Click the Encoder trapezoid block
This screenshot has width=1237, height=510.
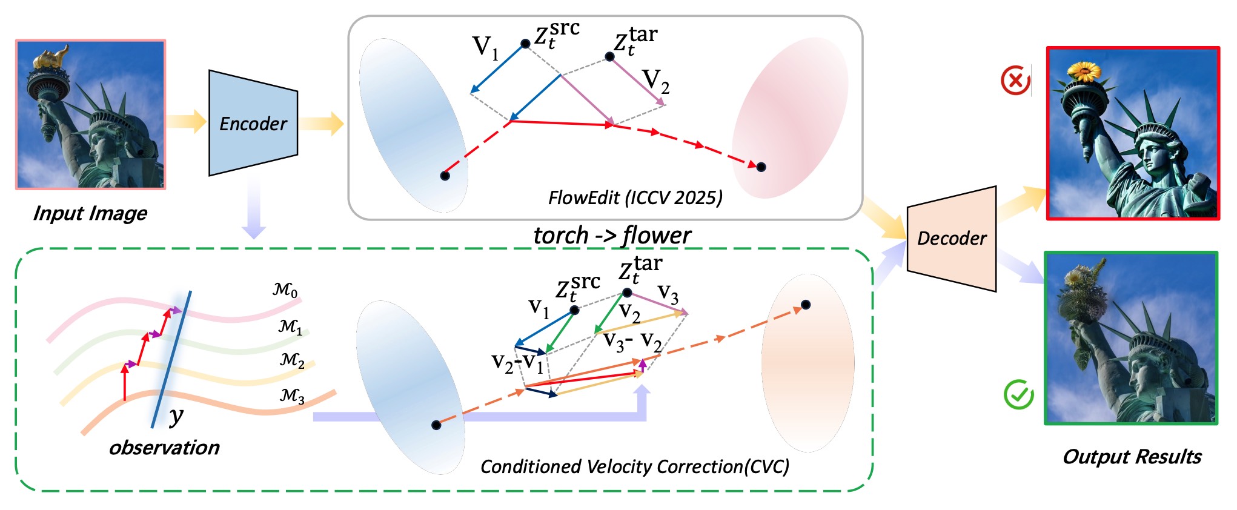point(253,124)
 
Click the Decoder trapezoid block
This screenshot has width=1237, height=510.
point(952,239)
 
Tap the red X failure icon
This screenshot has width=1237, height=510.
point(1016,81)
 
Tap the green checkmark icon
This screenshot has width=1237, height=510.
point(1019,394)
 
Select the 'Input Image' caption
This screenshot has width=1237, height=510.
point(90,213)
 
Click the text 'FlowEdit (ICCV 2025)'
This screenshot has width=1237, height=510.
point(635,198)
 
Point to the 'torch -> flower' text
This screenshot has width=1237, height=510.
point(612,235)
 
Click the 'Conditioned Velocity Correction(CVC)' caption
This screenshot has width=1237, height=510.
point(635,466)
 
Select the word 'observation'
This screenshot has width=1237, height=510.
point(164,448)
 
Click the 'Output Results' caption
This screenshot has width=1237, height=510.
point(1132,457)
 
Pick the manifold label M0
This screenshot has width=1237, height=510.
point(285,290)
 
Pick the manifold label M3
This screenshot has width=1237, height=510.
point(292,396)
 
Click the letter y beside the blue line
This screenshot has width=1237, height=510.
point(176,416)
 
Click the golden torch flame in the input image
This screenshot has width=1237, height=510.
point(48,58)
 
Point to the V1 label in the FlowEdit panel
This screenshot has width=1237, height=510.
point(486,47)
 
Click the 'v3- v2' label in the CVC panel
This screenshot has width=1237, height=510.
point(633,342)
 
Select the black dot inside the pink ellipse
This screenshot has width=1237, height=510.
point(761,167)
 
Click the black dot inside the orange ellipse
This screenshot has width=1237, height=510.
point(806,305)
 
